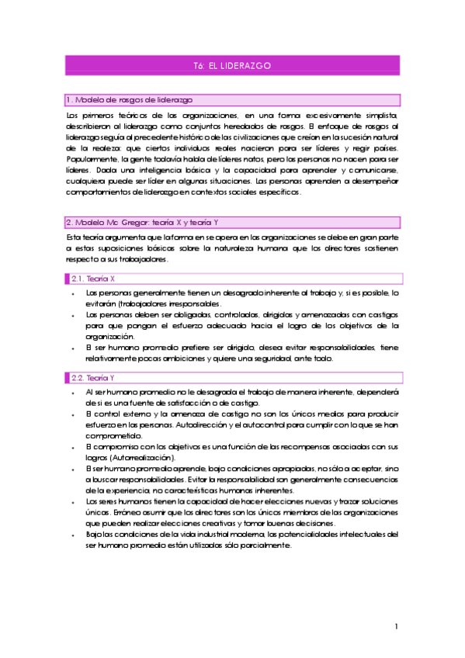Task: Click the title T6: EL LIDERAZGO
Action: [231, 66]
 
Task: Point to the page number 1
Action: [396, 627]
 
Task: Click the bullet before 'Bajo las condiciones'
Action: [71, 535]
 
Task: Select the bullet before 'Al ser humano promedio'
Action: [71, 393]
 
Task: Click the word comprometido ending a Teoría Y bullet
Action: [111, 436]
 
